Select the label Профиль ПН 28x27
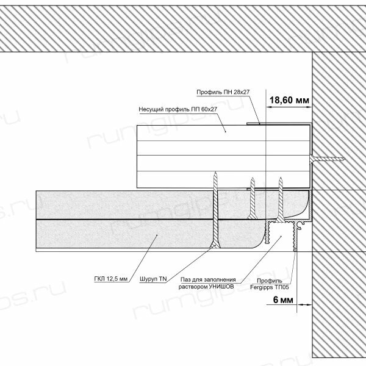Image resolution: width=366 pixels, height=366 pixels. coord(223,92)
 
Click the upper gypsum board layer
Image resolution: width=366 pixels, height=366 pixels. coord(122,204)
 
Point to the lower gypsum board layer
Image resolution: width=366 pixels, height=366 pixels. coord(122,235)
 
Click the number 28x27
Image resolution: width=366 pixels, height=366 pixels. coord(242,92)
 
